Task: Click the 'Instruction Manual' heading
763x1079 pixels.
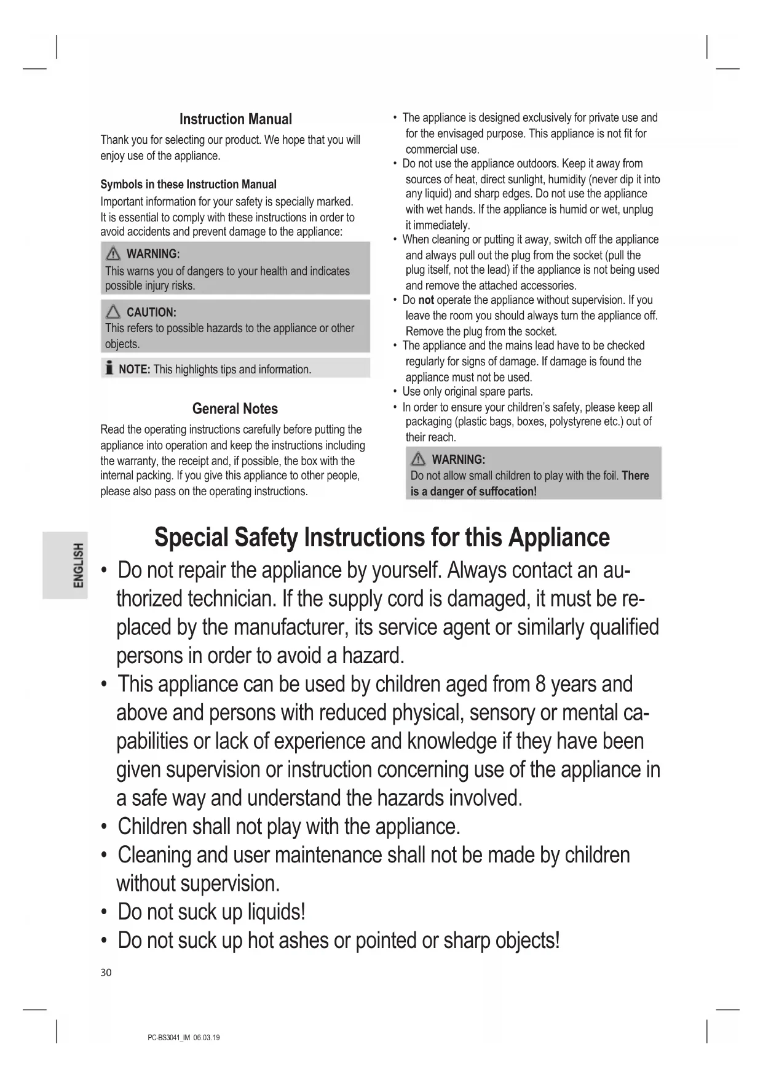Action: click(x=235, y=119)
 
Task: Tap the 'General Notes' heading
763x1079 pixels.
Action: click(x=235, y=409)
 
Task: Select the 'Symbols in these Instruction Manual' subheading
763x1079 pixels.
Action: click(x=188, y=185)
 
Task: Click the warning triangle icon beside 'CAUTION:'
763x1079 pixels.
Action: click(x=113, y=312)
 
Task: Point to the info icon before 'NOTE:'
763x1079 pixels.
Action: click(x=109, y=368)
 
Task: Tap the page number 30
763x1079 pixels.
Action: click(x=106, y=973)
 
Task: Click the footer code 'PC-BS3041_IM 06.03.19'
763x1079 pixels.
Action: click(x=184, y=1038)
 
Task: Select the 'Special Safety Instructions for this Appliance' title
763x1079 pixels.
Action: click(x=382, y=537)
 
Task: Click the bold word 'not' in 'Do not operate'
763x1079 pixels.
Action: click(x=426, y=300)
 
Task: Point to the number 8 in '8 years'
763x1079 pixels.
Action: click(x=540, y=684)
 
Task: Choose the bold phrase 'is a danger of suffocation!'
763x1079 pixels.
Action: click(x=473, y=492)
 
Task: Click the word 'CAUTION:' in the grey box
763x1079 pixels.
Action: click(x=151, y=312)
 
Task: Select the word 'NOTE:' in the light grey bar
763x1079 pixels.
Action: click(x=134, y=369)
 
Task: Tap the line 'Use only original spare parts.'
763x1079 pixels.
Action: click(x=467, y=392)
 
